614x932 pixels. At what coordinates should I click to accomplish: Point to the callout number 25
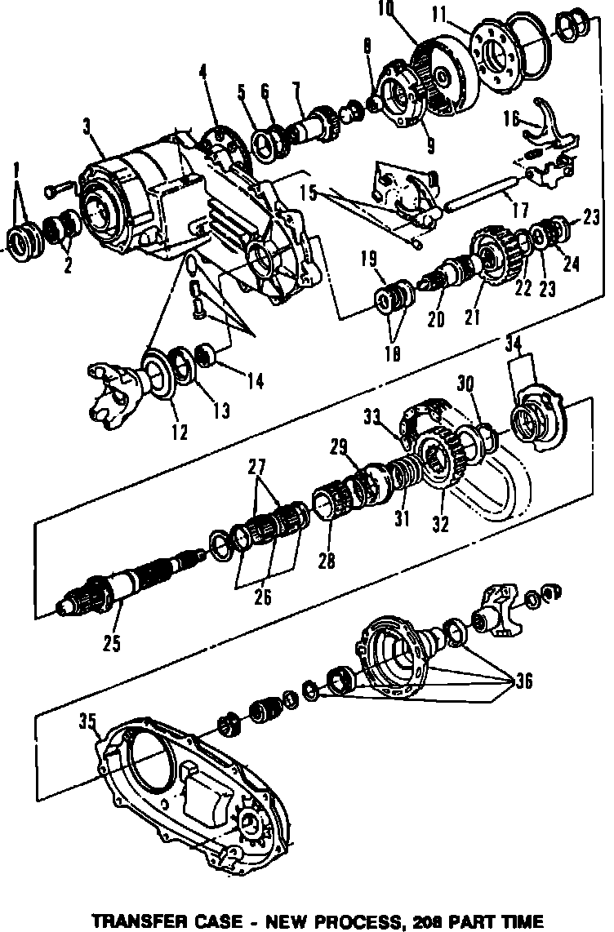[111, 642]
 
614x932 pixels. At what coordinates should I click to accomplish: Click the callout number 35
[87, 721]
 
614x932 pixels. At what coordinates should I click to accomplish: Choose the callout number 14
[256, 380]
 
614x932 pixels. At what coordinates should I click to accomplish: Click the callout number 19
[367, 260]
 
